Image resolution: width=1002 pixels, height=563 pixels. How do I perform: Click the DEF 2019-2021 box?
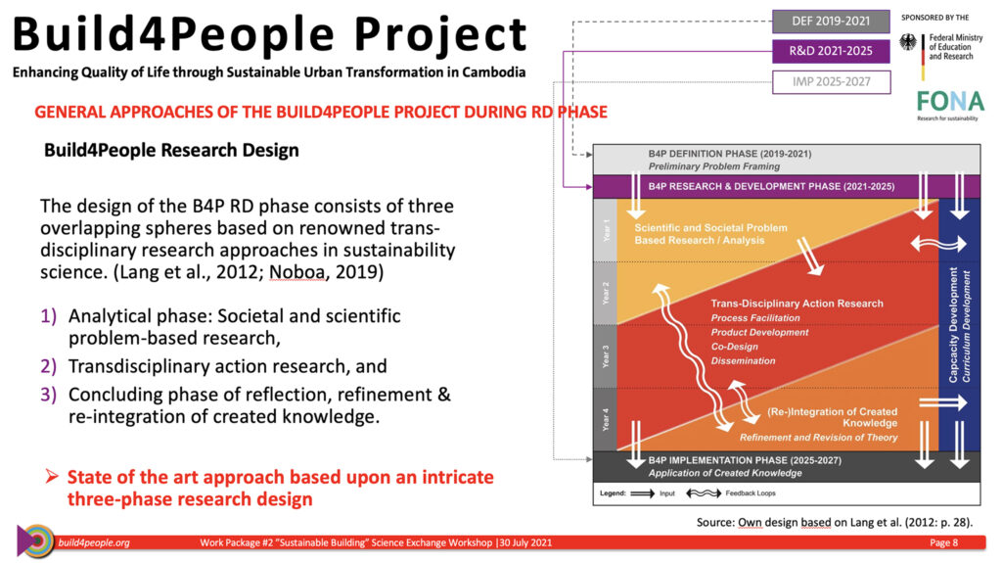coord(831,22)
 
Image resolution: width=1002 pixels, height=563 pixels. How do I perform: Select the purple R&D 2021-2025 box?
coord(831,51)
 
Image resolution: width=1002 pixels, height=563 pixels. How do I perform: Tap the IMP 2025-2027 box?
coord(831,82)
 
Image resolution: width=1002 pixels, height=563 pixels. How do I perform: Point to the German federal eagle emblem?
coord(908,43)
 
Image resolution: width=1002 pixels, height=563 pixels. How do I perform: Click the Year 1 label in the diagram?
coord(606,230)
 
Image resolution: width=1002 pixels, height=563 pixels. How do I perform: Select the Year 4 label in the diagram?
coord(606,420)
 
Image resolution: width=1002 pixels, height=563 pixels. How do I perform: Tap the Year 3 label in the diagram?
coord(606,356)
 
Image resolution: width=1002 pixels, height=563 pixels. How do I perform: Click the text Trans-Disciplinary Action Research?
coord(797,304)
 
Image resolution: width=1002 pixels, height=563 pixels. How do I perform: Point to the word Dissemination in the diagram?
coord(743,361)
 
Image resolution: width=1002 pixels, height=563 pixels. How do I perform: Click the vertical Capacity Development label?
coord(953,325)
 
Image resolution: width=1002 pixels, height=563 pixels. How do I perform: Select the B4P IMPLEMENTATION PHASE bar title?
coord(745,460)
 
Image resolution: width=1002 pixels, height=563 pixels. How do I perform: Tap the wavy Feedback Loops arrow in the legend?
coord(704,493)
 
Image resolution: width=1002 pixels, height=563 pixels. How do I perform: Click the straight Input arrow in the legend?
coord(642,493)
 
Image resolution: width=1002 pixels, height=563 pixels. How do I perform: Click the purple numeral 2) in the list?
coord(49,366)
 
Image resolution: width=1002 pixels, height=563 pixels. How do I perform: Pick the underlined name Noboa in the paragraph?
coord(297,272)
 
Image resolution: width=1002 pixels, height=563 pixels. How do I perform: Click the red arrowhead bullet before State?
coord(53,476)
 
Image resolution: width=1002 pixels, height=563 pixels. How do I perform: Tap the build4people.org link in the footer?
coord(94,542)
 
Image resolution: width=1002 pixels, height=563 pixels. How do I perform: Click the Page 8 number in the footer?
coord(944,542)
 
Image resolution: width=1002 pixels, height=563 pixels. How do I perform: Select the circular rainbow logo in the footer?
coord(36,540)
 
